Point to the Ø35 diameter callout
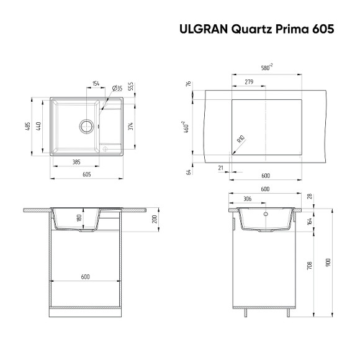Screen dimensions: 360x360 pyautogui.click(x=116, y=89)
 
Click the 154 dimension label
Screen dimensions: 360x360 pyautogui.click(x=96, y=83)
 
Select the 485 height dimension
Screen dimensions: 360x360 pyautogui.click(x=27, y=126)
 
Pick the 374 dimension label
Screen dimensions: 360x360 pyautogui.click(x=131, y=126)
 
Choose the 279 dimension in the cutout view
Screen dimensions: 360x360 pyautogui.click(x=248, y=82)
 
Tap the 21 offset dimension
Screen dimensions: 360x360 pyautogui.click(x=221, y=168)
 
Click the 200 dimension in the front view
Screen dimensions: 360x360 pyautogui.click(x=155, y=220)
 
